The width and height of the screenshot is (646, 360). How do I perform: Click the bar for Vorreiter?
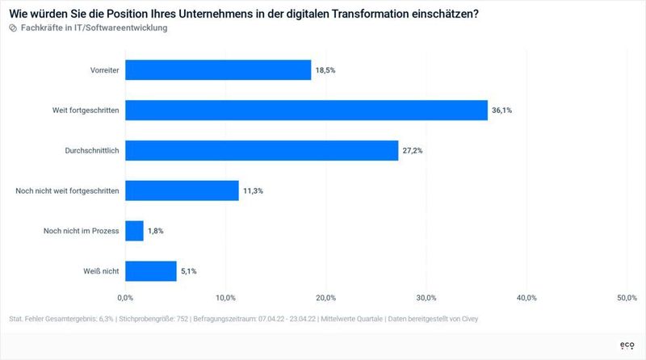click(x=218, y=70)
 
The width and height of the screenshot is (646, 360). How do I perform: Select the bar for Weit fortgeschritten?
click(x=306, y=111)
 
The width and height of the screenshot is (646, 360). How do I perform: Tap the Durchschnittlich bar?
click(x=262, y=151)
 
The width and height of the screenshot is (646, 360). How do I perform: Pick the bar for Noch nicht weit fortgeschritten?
click(x=182, y=190)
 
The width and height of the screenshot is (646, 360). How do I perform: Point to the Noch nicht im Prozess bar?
click(x=134, y=231)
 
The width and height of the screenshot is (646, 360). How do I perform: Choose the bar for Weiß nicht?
click(x=150, y=271)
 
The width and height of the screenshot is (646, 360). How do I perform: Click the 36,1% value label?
click(x=501, y=111)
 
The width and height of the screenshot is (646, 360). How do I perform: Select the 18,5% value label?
click(x=325, y=70)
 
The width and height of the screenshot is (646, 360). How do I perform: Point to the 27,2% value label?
click(x=413, y=151)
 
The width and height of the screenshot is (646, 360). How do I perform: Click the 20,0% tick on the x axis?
click(x=326, y=299)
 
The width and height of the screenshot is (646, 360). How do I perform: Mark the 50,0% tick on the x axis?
click(x=627, y=299)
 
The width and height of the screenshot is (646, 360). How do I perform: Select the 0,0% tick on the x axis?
click(x=125, y=299)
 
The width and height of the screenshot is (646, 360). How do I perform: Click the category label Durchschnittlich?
click(x=92, y=151)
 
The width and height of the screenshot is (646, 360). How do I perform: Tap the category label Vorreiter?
click(x=105, y=70)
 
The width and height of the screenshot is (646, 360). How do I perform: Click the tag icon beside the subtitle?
click(x=13, y=27)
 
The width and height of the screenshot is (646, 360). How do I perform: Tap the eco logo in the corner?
click(x=627, y=345)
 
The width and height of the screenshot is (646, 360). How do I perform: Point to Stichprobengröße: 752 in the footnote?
click(x=153, y=319)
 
